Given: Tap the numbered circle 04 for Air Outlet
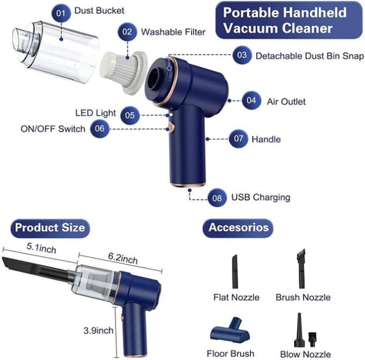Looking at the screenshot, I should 251,101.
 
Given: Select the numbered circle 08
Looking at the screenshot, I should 217,197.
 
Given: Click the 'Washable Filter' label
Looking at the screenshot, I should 173,32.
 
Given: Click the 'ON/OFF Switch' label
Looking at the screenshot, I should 53,129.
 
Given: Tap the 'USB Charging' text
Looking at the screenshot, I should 260,197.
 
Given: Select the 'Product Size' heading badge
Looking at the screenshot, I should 50,228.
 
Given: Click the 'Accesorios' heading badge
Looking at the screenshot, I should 238,228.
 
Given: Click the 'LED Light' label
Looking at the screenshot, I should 96,113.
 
